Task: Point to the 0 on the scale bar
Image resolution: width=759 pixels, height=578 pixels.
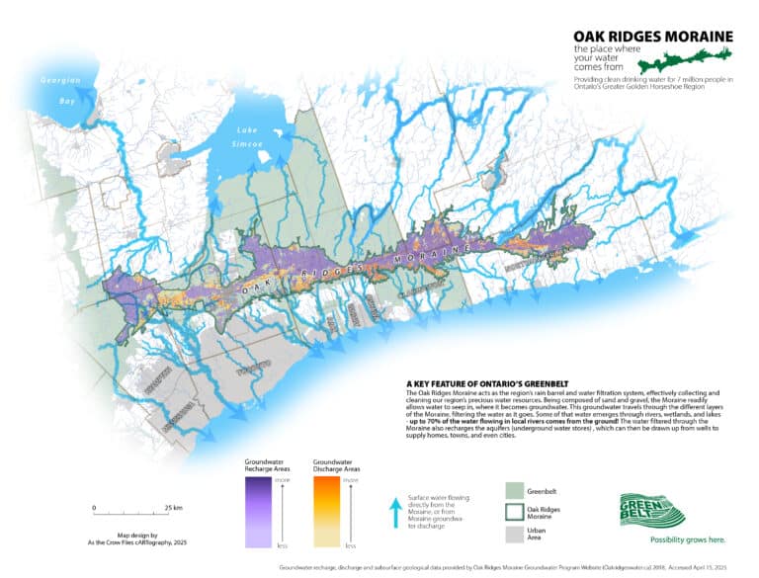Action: click(x=95, y=508)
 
